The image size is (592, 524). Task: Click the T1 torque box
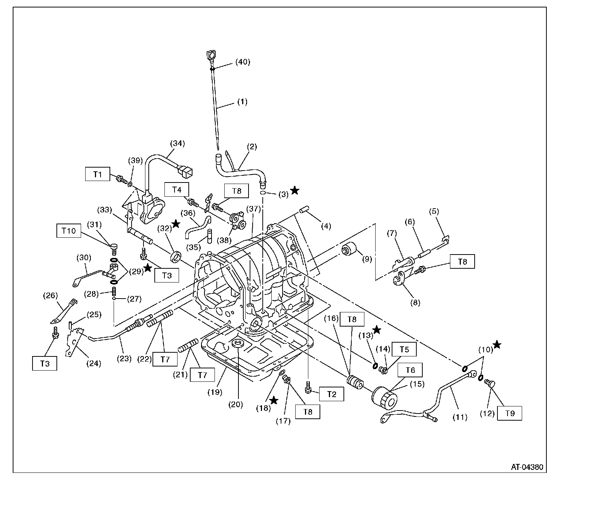pyautogui.click(x=98, y=174)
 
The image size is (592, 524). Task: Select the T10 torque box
pyautogui.click(x=69, y=231)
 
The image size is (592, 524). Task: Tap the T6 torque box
pyautogui.click(x=410, y=370)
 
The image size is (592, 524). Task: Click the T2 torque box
pyautogui.click(x=332, y=394)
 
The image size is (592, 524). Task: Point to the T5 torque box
pyautogui.click(x=404, y=350)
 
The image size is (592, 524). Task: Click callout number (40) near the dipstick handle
pyautogui.click(x=242, y=62)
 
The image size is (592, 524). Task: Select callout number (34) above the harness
pyautogui.click(x=178, y=143)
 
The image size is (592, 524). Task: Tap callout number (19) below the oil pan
pyautogui.click(x=216, y=392)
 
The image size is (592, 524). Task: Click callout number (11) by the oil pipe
pyautogui.click(x=460, y=417)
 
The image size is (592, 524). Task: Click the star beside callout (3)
pyautogui.click(x=295, y=191)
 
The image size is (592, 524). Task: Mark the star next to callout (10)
pyautogui.click(x=497, y=344)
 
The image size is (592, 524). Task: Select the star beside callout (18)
pyautogui.click(x=274, y=400)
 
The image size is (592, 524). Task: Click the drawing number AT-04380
pyautogui.click(x=527, y=467)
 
